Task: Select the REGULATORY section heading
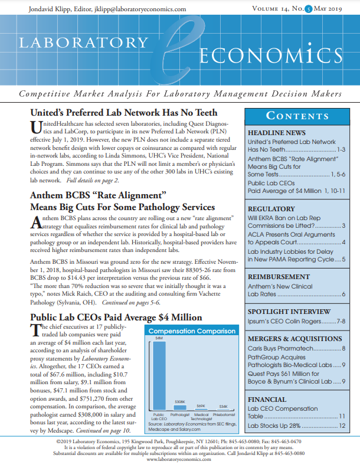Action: (x=271, y=209)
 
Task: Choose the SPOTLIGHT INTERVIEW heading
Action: (x=289, y=311)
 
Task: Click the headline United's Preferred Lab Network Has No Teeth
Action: (x=123, y=113)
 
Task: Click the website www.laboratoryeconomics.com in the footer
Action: (x=179, y=459)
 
